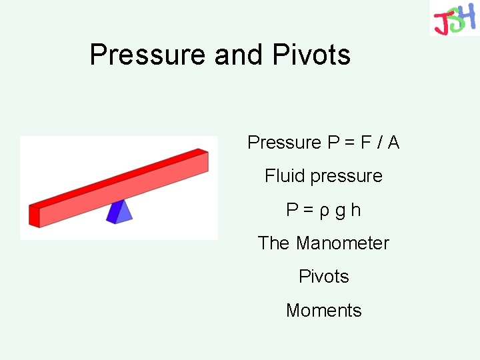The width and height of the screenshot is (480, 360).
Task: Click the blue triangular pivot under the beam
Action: pyautogui.click(x=120, y=211)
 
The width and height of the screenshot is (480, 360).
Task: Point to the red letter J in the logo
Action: pyautogui.click(x=441, y=24)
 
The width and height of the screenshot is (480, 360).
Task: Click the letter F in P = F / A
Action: pyautogui.click(x=365, y=142)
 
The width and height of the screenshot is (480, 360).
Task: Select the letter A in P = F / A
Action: pyautogui.click(x=393, y=142)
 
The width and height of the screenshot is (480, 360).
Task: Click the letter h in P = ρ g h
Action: pyautogui.click(x=355, y=210)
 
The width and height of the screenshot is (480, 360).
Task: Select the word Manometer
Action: pyautogui.click(x=342, y=243)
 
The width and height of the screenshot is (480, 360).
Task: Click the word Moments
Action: pyautogui.click(x=324, y=311)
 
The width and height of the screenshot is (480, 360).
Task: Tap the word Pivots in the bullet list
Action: pyautogui.click(x=324, y=277)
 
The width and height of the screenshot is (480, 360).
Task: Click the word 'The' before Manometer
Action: pyautogui.click(x=274, y=243)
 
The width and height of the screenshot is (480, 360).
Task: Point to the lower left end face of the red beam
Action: pyautogui.click(x=35, y=215)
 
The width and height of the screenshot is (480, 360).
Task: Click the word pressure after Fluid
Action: pyautogui.click(x=347, y=177)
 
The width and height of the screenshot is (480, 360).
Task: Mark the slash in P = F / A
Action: pyautogui.click(x=379, y=142)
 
